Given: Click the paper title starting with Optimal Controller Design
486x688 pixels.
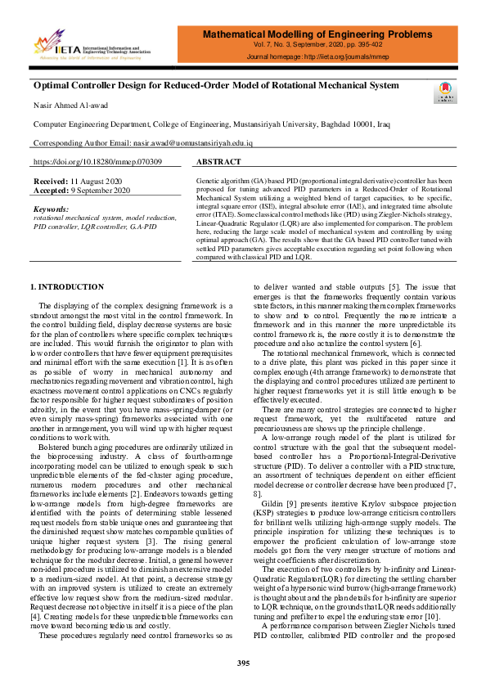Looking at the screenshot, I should point(216,84).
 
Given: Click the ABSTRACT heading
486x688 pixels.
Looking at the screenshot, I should point(218,162).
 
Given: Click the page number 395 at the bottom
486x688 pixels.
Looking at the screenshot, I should point(243,661).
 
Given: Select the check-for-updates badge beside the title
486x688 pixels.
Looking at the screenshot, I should point(446,91).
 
